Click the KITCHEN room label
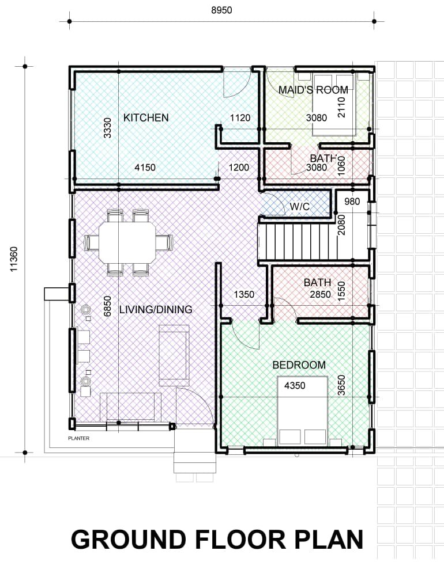(x=146, y=117)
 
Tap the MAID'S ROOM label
(x=313, y=90)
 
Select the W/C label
(x=300, y=207)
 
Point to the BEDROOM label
(x=299, y=365)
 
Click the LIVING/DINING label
(x=156, y=309)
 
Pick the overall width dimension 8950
(x=221, y=10)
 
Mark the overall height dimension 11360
(x=14, y=259)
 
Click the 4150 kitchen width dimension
(x=145, y=168)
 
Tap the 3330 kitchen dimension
(x=107, y=128)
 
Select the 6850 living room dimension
(x=107, y=306)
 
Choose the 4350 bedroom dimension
(x=295, y=386)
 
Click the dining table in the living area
(x=128, y=242)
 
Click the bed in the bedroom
(x=303, y=411)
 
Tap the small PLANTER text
(x=78, y=438)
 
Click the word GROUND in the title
(x=129, y=540)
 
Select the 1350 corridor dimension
(x=244, y=295)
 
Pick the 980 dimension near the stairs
(x=352, y=202)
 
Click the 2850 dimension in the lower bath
(x=320, y=295)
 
